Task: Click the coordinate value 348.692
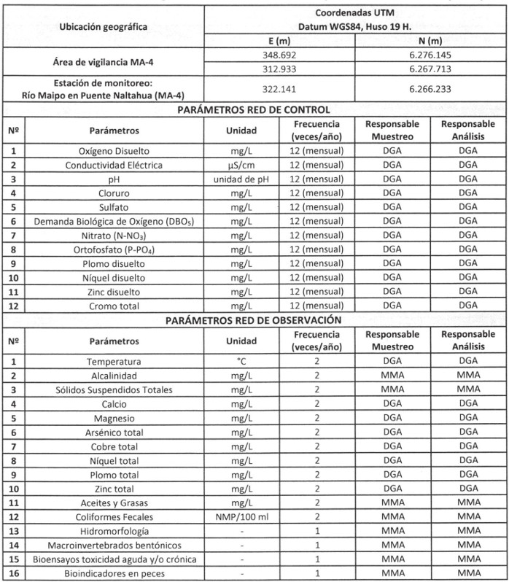point(281,55)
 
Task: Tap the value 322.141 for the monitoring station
point(281,88)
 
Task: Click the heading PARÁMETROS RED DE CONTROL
point(254,109)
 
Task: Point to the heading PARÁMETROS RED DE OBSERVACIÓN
point(254,319)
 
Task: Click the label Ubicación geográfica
point(102,27)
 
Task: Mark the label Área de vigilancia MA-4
point(102,61)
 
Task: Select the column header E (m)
point(281,41)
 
